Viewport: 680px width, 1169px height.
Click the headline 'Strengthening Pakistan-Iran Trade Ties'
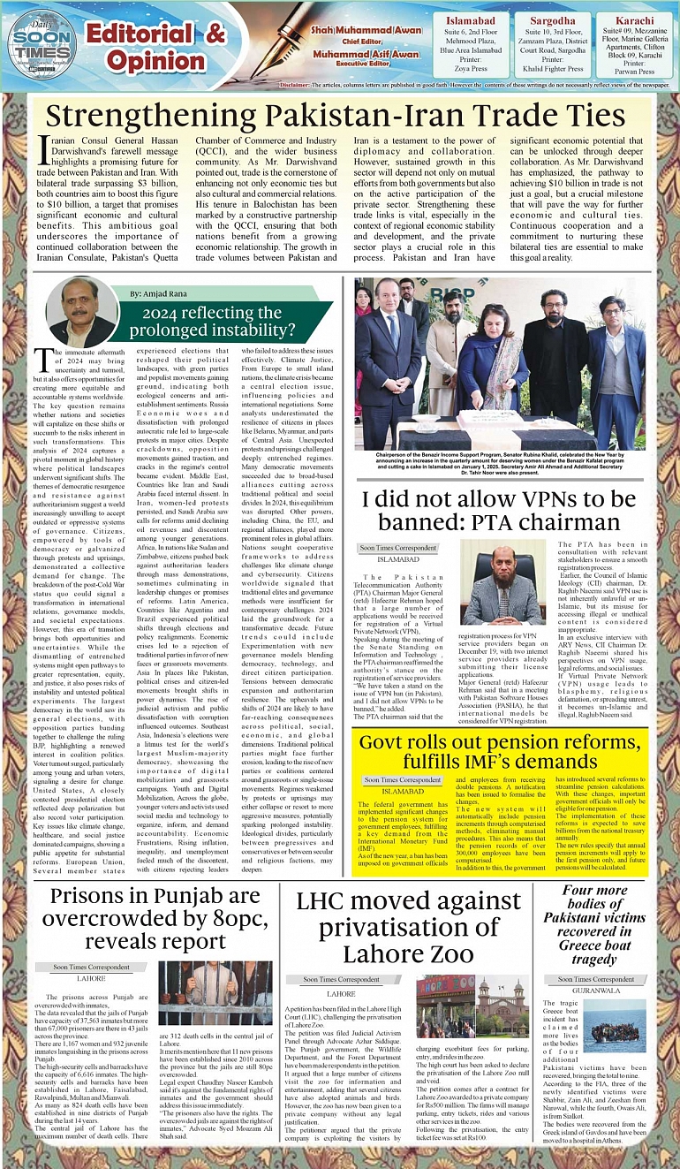click(336, 117)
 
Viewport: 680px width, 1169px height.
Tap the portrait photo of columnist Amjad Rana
click(82, 313)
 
